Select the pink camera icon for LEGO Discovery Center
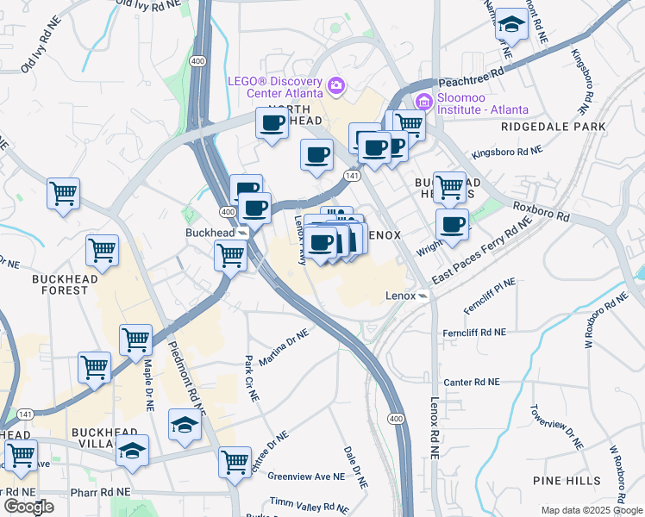336,86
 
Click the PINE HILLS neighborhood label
560,480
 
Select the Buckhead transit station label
210,233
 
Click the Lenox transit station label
400,296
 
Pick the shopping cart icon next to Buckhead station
230,255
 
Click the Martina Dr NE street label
284,346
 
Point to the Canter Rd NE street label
471,382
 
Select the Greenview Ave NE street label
306,476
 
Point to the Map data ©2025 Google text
591,510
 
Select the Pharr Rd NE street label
102,491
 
